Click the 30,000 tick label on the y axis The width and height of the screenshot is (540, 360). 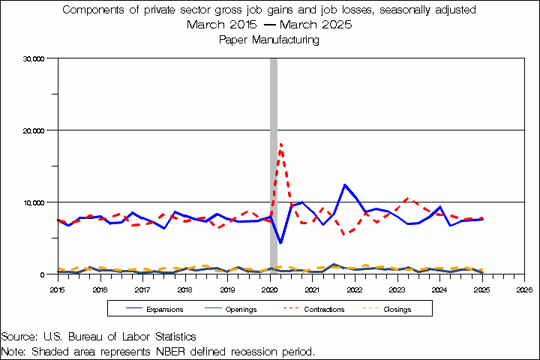click(x=36, y=58)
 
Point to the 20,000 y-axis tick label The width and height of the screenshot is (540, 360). click(x=36, y=130)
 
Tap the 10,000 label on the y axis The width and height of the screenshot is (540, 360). click(x=36, y=202)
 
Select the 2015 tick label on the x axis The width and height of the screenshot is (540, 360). click(x=58, y=289)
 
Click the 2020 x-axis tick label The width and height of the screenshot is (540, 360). click(x=270, y=289)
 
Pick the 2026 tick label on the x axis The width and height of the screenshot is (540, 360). click(x=524, y=289)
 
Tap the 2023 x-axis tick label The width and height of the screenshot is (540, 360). click(x=397, y=289)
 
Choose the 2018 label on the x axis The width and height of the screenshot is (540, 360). click(x=184, y=289)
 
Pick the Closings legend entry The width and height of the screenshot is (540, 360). click(x=397, y=309)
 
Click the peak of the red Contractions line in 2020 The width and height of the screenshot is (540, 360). click(x=280, y=143)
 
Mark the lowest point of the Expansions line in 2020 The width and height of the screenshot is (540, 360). click(x=280, y=243)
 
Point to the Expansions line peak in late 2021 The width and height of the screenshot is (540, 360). click(x=344, y=184)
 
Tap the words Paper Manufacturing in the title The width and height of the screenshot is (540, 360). click(x=269, y=40)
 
